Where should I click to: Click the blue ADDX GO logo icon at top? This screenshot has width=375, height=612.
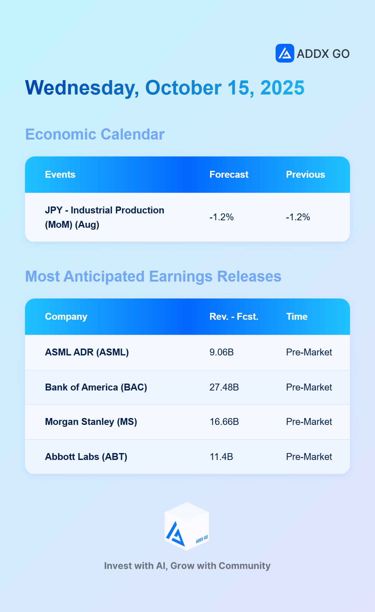285,53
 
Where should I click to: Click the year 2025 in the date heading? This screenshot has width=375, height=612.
282,88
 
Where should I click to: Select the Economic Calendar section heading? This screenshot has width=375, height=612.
95,135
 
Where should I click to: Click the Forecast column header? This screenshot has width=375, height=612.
229,175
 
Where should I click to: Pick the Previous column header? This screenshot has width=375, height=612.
305,175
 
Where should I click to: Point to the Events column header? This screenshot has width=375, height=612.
60,175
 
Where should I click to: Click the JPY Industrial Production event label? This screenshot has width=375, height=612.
104,217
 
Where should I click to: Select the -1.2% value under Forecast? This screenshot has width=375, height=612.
221,217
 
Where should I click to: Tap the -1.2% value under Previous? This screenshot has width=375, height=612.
298,217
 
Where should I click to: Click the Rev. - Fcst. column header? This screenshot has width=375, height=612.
234,317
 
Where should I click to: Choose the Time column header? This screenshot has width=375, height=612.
297,317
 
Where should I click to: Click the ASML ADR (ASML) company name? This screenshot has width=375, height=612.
87,352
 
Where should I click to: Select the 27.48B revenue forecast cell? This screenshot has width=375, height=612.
224,387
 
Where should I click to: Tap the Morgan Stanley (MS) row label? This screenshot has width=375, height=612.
91,422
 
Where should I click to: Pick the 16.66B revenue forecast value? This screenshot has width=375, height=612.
224,422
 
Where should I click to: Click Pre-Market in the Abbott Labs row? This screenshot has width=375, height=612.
309,457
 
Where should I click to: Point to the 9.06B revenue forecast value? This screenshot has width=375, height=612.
222,352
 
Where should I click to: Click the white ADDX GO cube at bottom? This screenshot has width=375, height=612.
187,526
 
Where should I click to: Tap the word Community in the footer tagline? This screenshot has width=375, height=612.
245,566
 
